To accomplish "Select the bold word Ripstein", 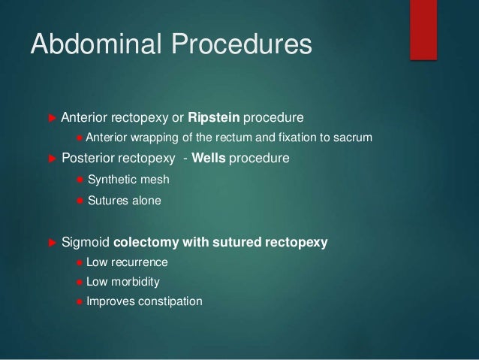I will [215, 118].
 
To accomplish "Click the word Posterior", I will [89, 159].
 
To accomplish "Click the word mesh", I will [155, 180].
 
